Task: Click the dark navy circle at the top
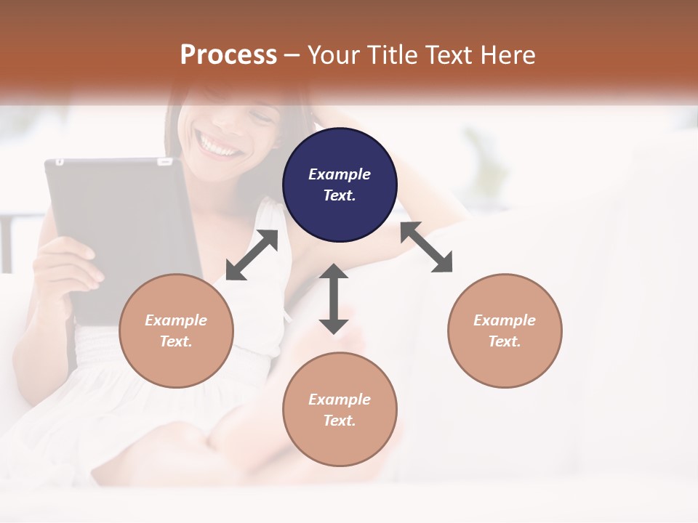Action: click(x=340, y=185)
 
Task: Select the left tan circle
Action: click(x=176, y=331)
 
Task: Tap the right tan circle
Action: click(x=505, y=331)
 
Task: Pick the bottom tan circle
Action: click(x=340, y=410)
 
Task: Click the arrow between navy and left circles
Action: click(x=252, y=255)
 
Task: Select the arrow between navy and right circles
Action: click(x=427, y=248)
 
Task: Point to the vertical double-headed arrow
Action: click(x=334, y=299)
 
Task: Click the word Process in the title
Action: click(x=228, y=54)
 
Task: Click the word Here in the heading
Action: click(x=509, y=54)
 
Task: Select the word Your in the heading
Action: click(x=334, y=54)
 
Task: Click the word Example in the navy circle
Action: click(x=340, y=174)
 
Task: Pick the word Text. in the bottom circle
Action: click(x=340, y=421)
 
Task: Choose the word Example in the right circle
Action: click(x=505, y=320)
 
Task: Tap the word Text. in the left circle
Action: click(x=176, y=341)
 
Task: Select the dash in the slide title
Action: click(x=292, y=55)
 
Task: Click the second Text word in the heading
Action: click(x=450, y=54)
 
